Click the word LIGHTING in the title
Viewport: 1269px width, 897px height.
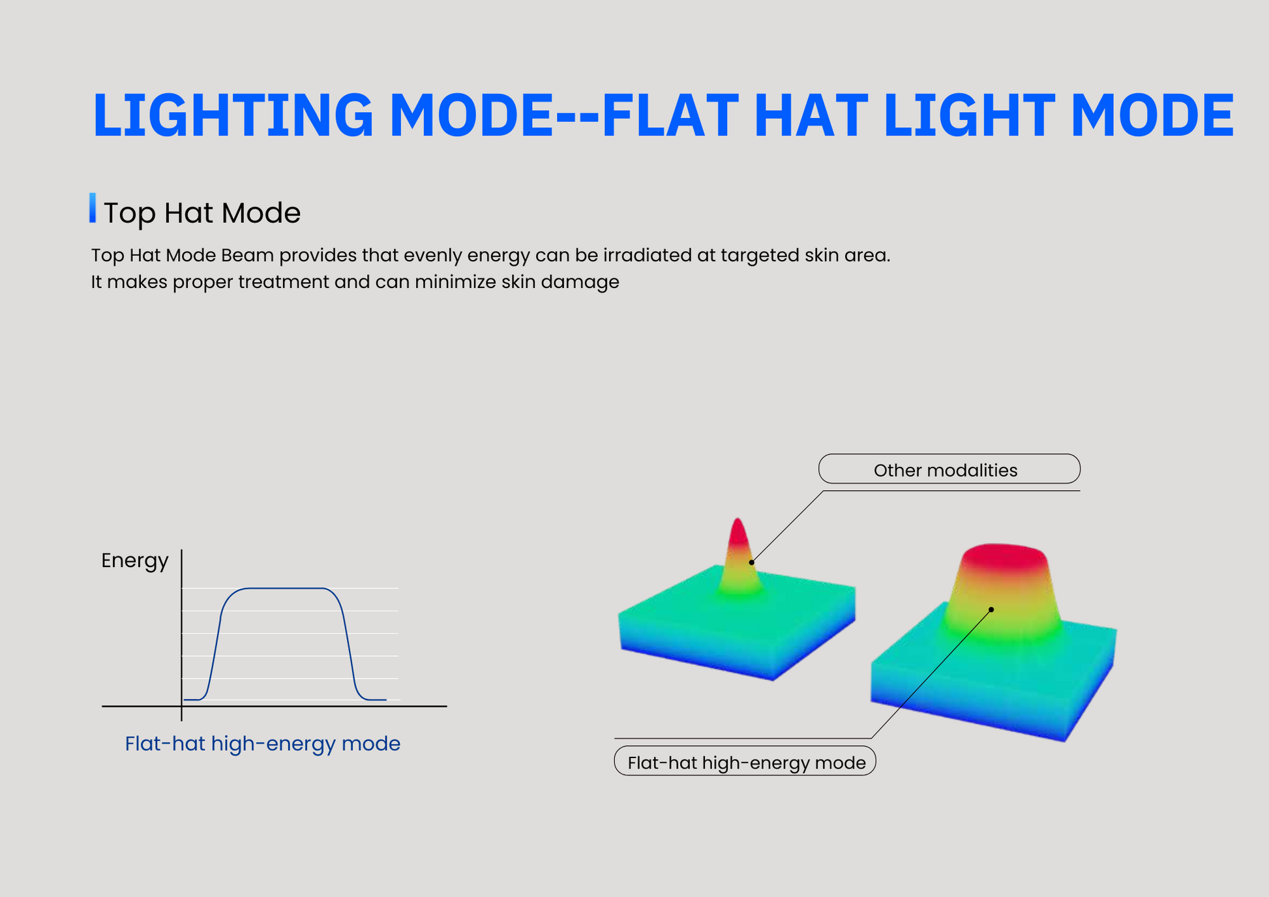(233, 115)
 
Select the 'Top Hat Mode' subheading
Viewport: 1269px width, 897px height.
(202, 213)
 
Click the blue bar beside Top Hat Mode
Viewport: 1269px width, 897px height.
(93, 208)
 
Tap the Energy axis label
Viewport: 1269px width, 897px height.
(135, 561)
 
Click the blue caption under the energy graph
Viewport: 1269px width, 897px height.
(263, 744)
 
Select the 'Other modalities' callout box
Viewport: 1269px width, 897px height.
(949, 469)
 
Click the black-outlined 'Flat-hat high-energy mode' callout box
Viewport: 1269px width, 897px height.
(745, 761)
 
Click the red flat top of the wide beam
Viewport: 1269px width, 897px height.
(1004, 555)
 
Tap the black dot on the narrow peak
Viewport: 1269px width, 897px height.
(752, 562)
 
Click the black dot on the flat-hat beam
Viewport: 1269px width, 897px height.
(991, 610)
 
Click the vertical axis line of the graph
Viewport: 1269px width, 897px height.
(181, 635)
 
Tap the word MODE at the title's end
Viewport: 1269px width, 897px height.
(1152, 115)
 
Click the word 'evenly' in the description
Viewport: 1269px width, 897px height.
(433, 255)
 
